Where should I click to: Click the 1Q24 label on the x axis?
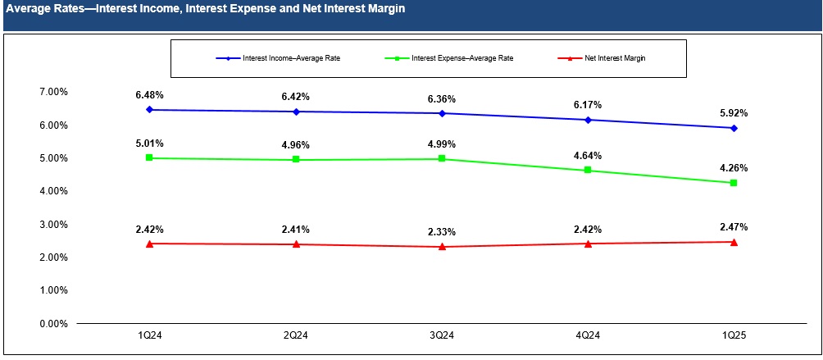[149, 336]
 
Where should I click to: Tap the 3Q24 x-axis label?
[442, 336]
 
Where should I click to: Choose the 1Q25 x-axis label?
[734, 336]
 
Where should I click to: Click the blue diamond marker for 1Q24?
[149, 110]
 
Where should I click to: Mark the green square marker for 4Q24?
[588, 171]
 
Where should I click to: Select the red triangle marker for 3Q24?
[442, 247]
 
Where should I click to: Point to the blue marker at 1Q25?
[734, 128]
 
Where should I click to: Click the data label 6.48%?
[149, 95]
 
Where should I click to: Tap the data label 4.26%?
[734, 168]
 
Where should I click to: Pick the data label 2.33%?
[442, 232]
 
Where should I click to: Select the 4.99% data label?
[442, 144]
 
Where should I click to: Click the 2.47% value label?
[734, 227]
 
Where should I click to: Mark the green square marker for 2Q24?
[295, 160]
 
